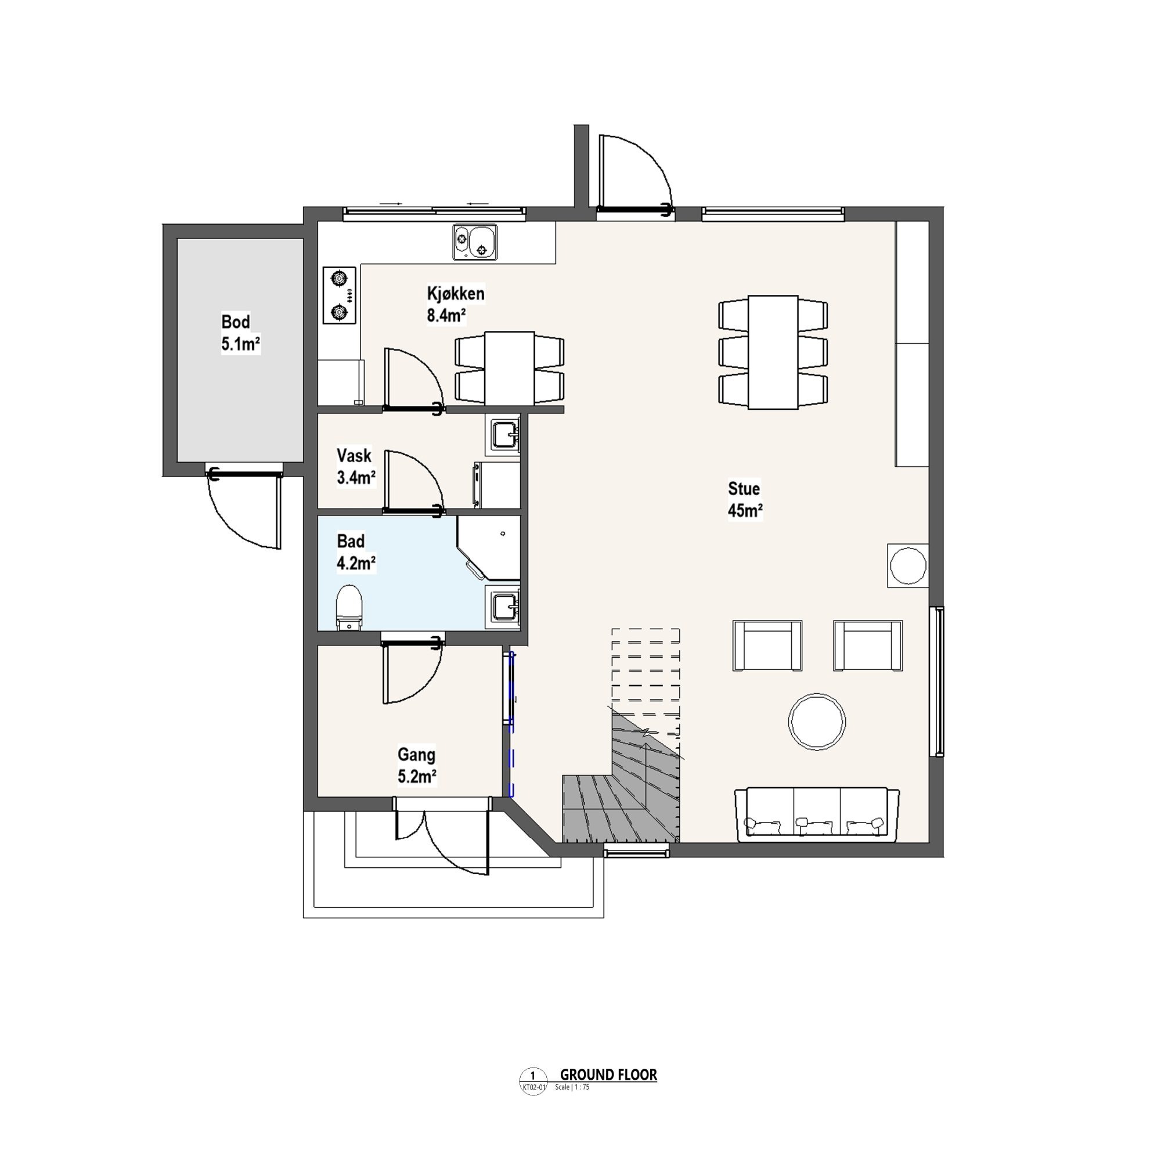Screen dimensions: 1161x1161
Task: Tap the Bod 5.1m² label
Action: pos(240,333)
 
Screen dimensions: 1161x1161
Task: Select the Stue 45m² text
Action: pos(745,499)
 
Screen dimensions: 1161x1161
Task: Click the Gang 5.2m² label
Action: pos(416,766)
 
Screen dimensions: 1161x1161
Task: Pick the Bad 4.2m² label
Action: pos(356,552)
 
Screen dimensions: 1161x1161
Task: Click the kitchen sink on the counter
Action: pos(475,242)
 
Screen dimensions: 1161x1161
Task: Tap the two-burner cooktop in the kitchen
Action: pos(340,295)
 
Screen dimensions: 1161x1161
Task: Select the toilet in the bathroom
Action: pos(349,608)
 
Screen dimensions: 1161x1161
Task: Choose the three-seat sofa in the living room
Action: pos(817,814)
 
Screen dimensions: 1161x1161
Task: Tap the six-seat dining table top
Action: pos(773,352)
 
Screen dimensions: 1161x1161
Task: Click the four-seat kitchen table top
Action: pos(510,369)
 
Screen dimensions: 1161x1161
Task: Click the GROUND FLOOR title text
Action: pos(608,1075)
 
